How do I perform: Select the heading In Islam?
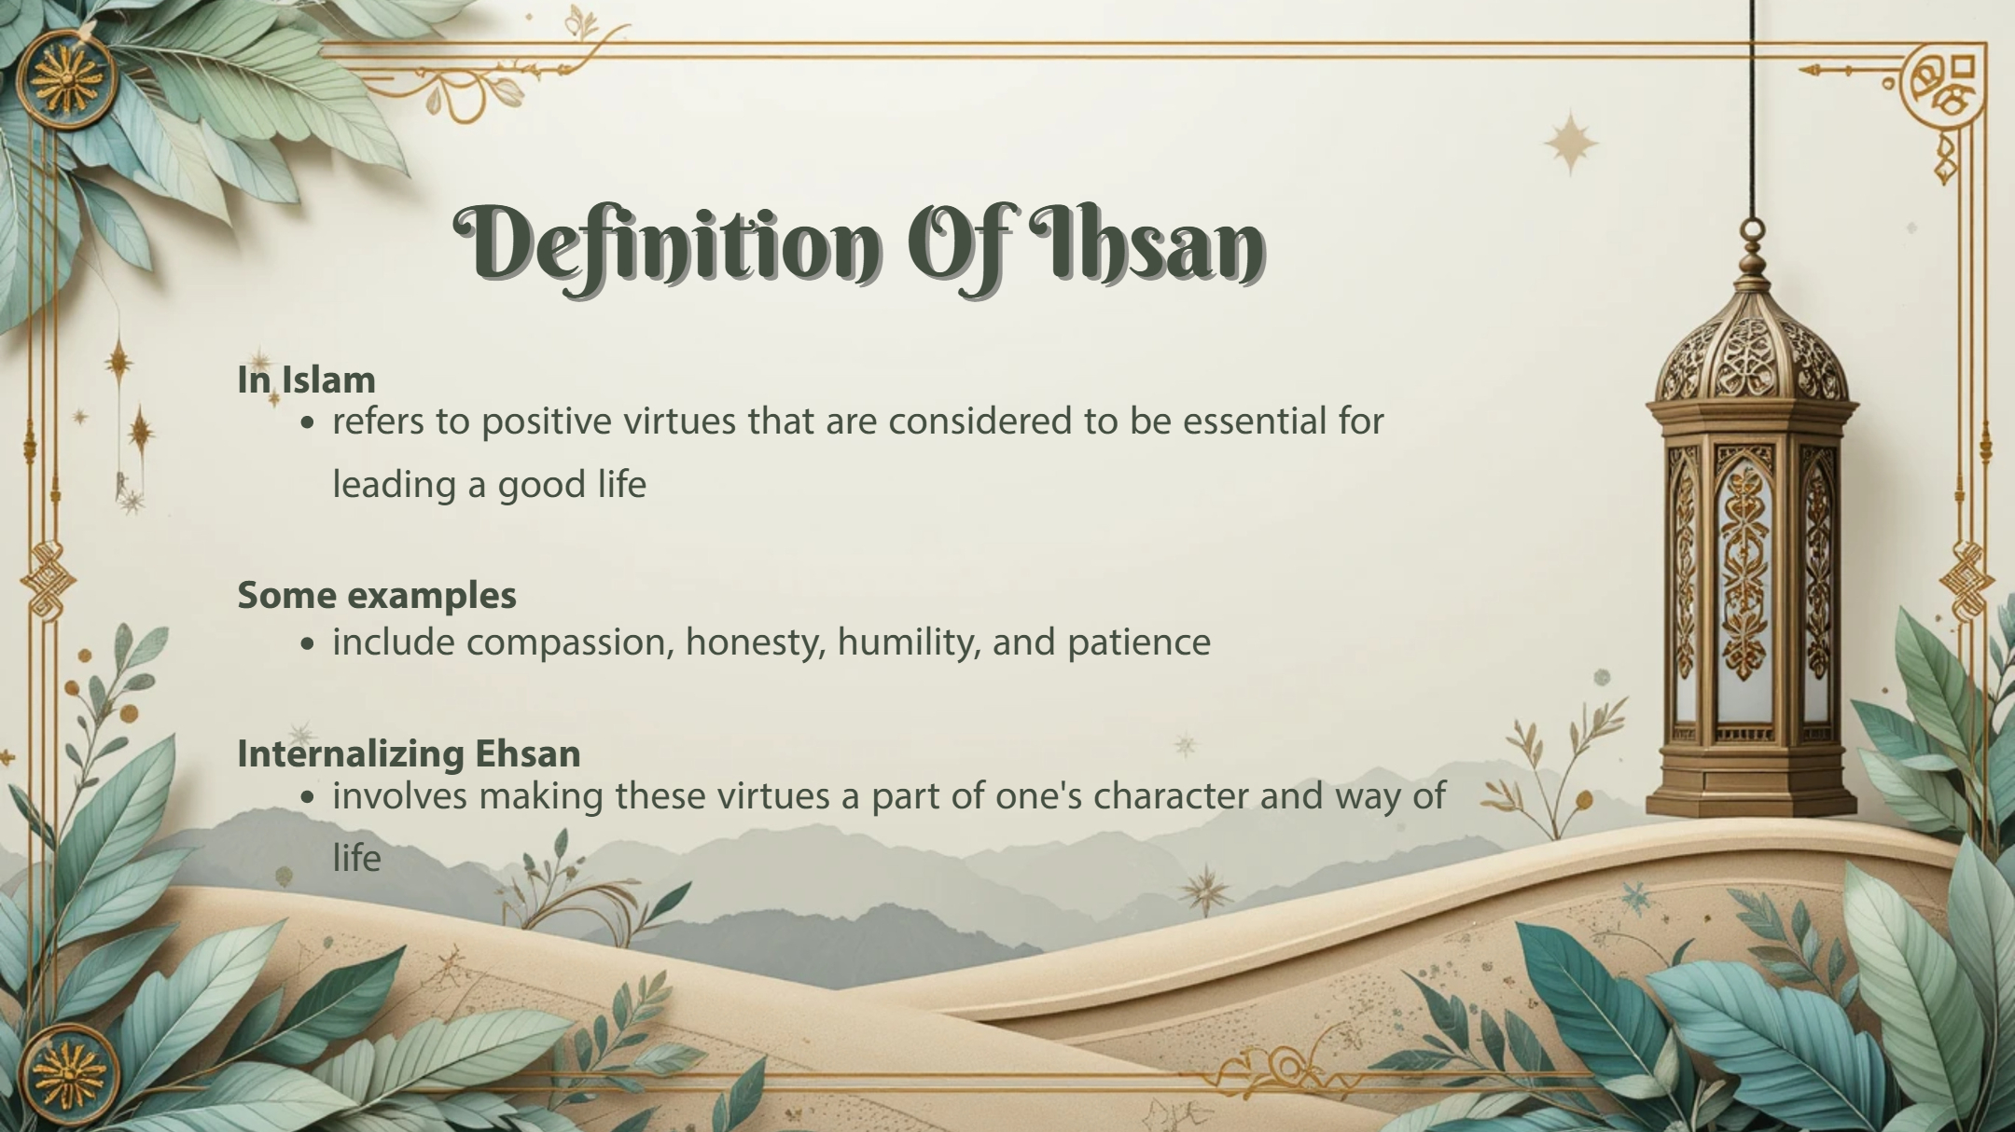[x=306, y=380]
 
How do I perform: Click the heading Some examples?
[x=377, y=596]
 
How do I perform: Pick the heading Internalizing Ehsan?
[x=409, y=753]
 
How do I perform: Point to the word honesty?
[x=756, y=643]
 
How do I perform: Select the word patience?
[x=1139, y=643]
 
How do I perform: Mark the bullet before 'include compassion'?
[x=309, y=644]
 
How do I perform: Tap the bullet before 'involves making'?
[x=309, y=798]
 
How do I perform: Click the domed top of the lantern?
[x=1752, y=349]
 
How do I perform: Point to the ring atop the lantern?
[x=1754, y=228]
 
